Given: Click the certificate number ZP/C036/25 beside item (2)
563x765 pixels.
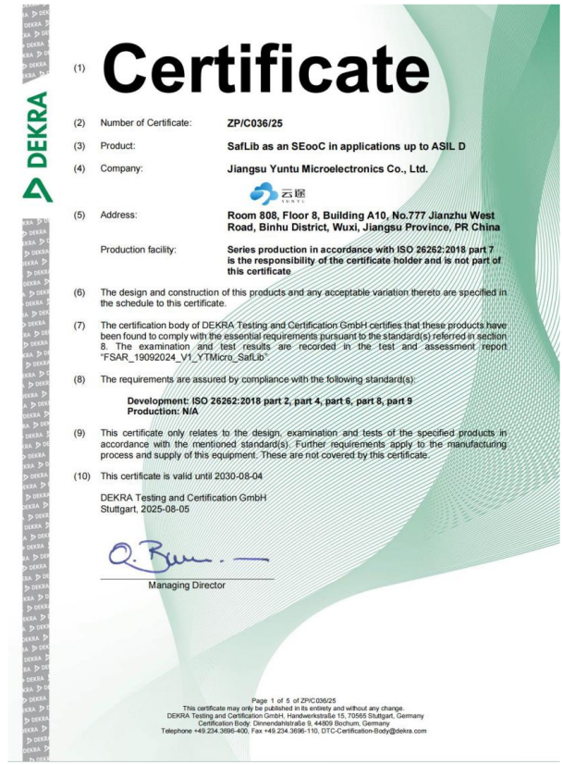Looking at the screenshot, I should [255, 123].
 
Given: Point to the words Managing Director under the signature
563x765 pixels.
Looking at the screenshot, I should [186, 585].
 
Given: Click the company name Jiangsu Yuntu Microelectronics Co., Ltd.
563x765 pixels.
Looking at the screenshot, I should [327, 169].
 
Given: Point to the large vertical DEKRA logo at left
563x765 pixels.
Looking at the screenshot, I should [36, 147].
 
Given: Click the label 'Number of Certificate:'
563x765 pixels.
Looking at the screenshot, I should [146, 123].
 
